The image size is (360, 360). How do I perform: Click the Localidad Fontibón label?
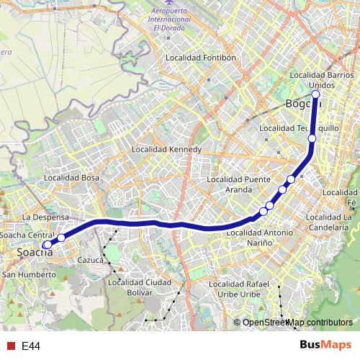200,57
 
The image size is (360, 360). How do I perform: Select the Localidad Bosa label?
71,177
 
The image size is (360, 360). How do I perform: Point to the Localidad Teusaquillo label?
288,127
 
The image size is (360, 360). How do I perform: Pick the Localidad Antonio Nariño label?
259,238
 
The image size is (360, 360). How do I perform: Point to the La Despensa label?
45,217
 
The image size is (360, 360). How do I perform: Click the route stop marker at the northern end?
315,94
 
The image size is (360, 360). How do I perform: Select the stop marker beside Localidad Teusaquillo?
312,138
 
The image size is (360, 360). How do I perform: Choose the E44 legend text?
30,346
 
